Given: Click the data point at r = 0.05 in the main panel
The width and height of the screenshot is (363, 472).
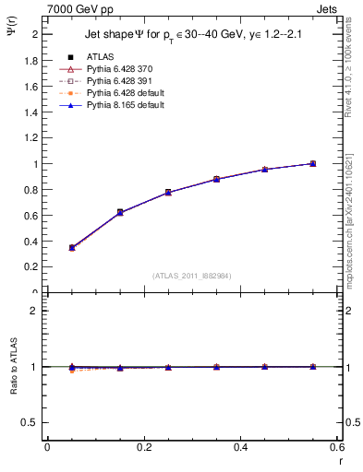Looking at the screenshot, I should [72, 248].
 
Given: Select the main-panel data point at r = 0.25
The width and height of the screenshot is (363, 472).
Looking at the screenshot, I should [168, 193].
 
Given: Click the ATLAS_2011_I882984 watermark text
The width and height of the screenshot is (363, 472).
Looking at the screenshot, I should [191, 275].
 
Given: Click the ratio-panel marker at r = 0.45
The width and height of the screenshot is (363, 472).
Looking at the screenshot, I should [264, 367].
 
